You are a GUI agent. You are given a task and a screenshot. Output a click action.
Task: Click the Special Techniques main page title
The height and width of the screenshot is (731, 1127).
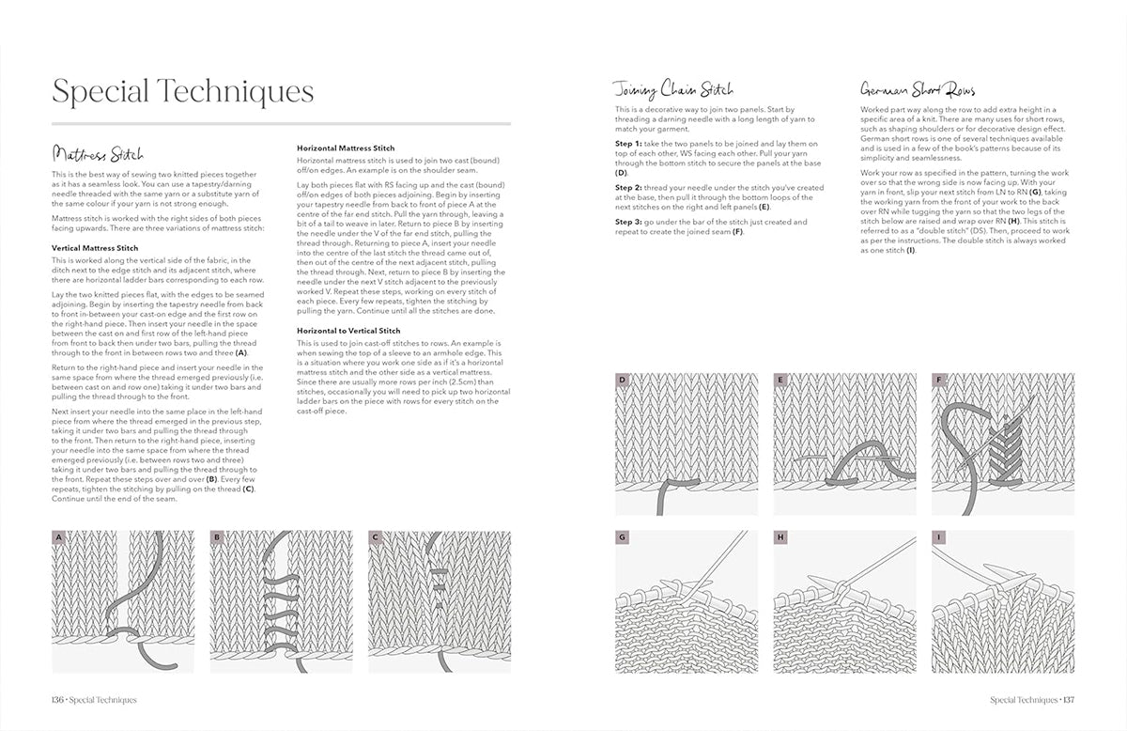(x=182, y=92)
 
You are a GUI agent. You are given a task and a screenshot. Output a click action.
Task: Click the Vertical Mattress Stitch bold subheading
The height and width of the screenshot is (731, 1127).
(x=95, y=248)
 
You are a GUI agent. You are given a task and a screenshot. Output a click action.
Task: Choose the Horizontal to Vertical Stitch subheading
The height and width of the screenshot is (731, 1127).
(x=349, y=331)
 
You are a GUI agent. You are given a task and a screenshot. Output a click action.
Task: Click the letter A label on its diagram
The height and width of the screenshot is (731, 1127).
(x=59, y=538)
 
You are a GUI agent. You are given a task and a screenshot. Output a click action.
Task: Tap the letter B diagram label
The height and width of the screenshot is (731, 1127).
(x=217, y=538)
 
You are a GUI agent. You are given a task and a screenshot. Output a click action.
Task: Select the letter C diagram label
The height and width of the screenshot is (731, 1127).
(x=375, y=538)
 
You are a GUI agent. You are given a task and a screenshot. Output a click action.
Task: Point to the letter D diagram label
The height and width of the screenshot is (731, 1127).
(x=622, y=381)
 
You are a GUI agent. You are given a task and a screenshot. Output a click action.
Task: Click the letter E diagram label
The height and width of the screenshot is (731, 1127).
(x=780, y=381)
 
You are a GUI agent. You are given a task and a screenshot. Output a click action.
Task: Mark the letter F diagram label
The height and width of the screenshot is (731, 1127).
(x=938, y=381)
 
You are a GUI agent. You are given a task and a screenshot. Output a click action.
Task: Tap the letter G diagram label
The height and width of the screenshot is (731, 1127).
(x=622, y=538)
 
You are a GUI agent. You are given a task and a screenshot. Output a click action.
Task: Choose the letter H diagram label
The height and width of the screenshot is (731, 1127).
(x=780, y=538)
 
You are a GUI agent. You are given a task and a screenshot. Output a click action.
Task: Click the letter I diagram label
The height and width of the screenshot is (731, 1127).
(x=938, y=538)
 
